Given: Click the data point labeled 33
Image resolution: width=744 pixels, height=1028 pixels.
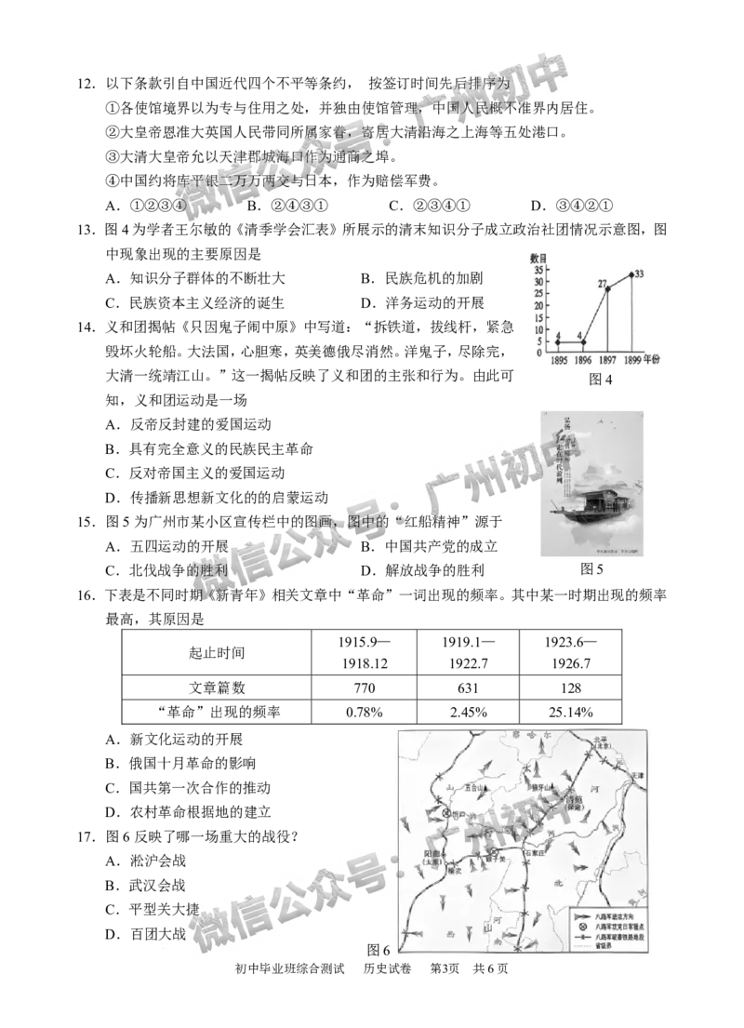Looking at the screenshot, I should click(631, 274).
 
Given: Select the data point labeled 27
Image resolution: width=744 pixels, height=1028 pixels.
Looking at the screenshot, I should click(607, 288).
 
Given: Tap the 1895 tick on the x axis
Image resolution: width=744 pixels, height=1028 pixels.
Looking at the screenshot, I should click(559, 359).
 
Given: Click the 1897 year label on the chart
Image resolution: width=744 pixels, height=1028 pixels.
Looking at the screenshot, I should click(607, 359).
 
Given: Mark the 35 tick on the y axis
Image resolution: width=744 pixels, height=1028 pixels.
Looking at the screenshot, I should click(540, 271).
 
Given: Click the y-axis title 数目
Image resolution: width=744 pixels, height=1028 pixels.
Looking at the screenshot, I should click(538, 258).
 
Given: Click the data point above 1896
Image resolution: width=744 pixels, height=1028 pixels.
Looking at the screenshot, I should click(583, 342).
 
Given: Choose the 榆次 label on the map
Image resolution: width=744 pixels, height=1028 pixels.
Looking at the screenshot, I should click(454, 872).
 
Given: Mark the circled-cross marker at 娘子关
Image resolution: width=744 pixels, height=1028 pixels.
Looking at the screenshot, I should click(494, 851).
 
